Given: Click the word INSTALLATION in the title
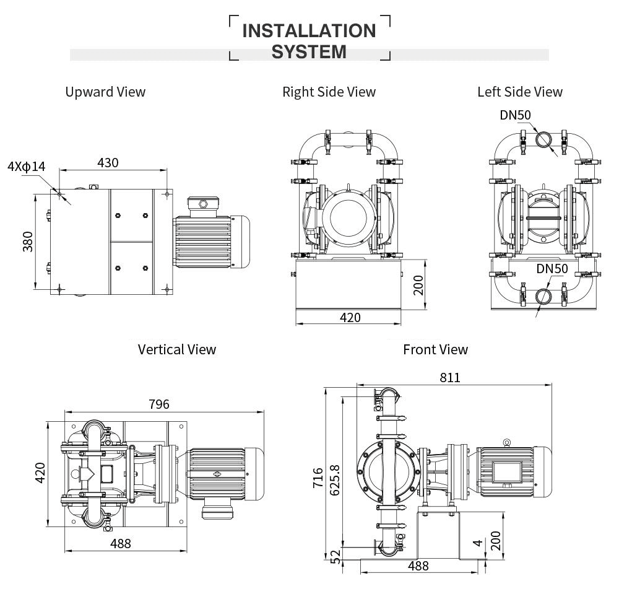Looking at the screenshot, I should coord(309,30).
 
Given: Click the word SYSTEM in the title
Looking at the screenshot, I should coord(309,51).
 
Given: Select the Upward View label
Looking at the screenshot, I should coord(105,92).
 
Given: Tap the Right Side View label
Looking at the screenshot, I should coord(329,92).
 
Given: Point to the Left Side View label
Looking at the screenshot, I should coord(519,92).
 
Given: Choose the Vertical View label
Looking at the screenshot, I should coord(177,349).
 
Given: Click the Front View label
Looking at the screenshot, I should coord(435,349).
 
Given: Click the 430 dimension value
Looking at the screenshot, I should coord(108,162).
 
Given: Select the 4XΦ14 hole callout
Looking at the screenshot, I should coord(26,167).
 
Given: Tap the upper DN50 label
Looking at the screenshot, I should coord(515,115).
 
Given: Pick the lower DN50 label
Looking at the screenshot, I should coord(552,268).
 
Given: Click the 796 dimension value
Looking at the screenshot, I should coord(158,404).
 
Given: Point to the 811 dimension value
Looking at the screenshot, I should coord(450,377).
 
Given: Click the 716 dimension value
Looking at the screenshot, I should coord(318,478).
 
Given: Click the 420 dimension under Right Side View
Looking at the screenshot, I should coord(350,318).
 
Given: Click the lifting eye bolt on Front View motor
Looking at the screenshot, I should coord(506,441).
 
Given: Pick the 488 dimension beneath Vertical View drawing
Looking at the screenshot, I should coord(120,543).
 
